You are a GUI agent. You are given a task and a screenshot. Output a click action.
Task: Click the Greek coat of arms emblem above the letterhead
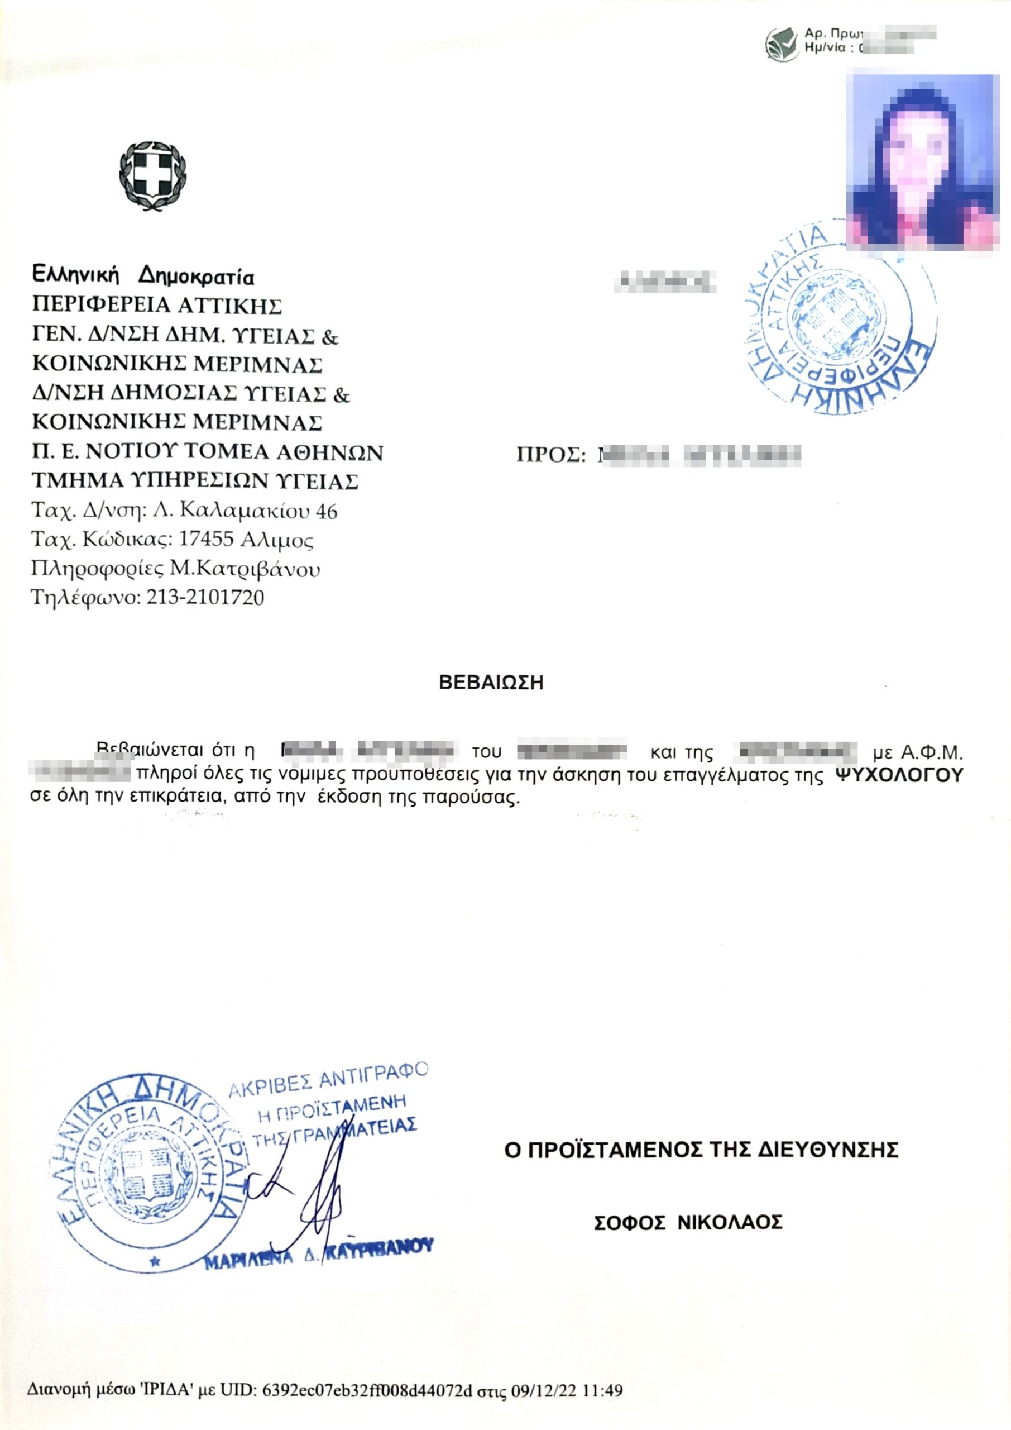pos(153,174)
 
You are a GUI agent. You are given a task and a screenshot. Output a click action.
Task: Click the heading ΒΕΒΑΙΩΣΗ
pos(491,683)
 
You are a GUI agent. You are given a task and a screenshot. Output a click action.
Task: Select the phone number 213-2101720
pos(205,598)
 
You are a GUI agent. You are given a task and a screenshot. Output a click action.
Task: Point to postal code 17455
pos(205,540)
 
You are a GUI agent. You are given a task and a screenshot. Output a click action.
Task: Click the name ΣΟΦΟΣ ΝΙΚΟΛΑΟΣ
pos(687,1223)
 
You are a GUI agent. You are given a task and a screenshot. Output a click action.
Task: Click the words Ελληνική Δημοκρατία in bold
pos(143,276)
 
